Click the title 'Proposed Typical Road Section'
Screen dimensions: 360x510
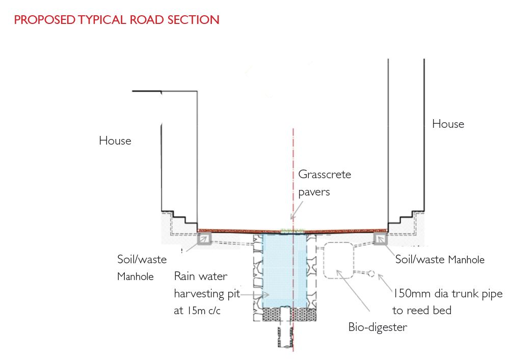(117, 20)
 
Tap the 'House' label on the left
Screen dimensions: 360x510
(115, 141)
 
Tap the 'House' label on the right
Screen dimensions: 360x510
(448, 124)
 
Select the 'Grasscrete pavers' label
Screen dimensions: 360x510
(324, 183)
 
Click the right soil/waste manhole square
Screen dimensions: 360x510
(380, 239)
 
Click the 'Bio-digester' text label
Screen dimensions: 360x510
(378, 327)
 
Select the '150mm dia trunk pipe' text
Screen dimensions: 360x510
(447, 294)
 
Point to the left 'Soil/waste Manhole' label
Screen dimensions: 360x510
(142, 267)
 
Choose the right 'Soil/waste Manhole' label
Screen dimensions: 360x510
(440, 259)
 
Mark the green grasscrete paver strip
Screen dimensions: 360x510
(292, 231)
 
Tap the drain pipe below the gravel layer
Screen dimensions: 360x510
(284, 336)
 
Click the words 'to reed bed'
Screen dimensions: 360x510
(421, 310)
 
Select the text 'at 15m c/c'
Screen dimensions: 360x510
(197, 310)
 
